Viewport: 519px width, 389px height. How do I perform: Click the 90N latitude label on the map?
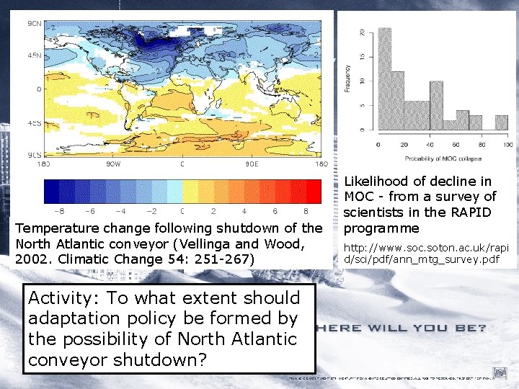[x=33, y=24]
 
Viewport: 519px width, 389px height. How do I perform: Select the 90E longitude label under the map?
[x=253, y=164]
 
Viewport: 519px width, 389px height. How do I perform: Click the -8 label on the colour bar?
[x=60, y=211]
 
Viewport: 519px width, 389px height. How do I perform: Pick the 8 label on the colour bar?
[x=306, y=211]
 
